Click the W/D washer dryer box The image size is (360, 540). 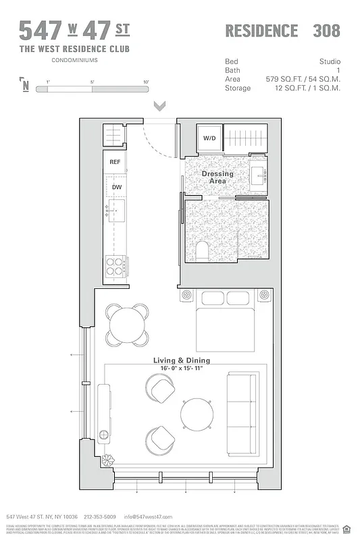click(x=209, y=138)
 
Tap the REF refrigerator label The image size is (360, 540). click(x=115, y=162)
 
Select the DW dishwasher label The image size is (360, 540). click(x=116, y=187)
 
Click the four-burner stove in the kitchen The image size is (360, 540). click(x=115, y=267)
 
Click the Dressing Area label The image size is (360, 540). click(x=217, y=178)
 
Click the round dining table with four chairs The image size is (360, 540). click(x=125, y=322)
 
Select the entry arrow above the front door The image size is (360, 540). click(x=159, y=106)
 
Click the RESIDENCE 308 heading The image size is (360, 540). click(x=282, y=31)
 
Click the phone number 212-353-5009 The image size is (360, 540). click(x=99, y=516)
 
